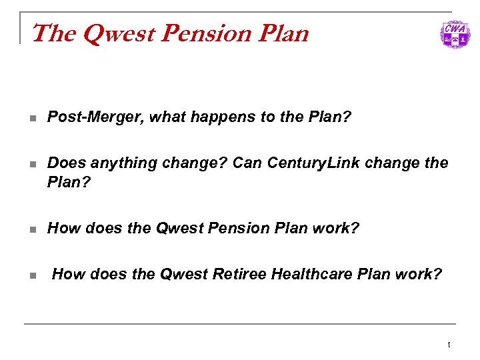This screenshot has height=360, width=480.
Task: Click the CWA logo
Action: (454, 33)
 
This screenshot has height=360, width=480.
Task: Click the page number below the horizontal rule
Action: (449, 345)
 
